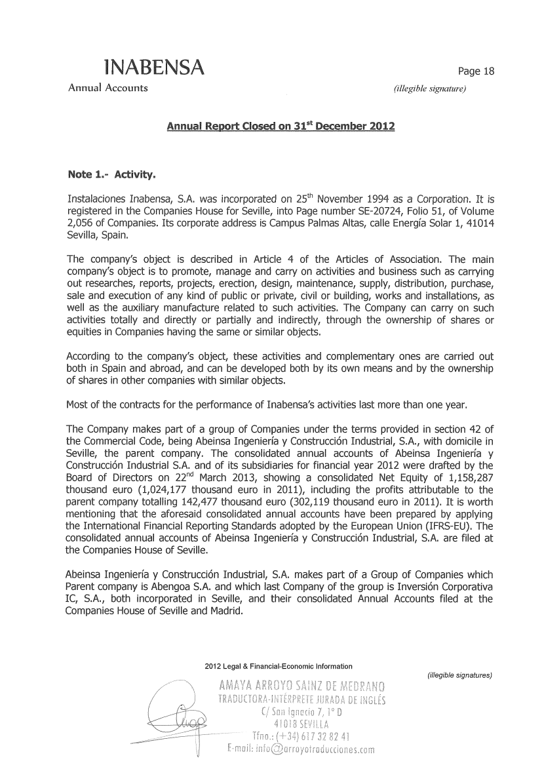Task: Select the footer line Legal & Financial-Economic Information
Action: (288, 667)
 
